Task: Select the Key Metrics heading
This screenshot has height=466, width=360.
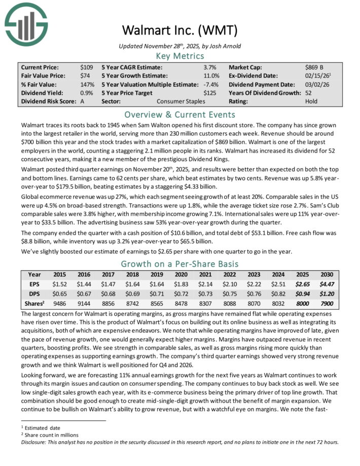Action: [x=179, y=55]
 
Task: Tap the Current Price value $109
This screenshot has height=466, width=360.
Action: [x=86, y=67]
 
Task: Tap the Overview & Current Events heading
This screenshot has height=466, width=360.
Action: [x=179, y=113]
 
